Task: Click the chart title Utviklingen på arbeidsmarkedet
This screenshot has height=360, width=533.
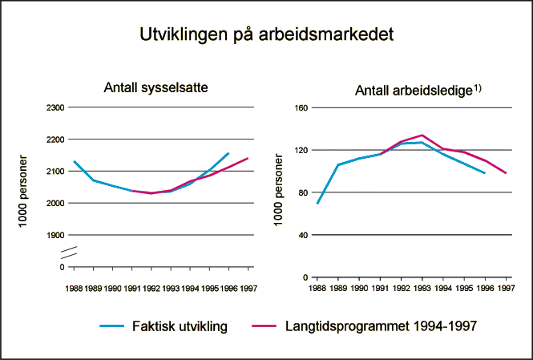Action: tap(266, 35)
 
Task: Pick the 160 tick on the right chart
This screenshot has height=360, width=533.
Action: tap(302, 107)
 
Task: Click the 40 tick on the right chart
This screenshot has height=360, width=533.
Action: tap(304, 235)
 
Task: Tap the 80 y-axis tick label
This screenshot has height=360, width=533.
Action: tap(304, 192)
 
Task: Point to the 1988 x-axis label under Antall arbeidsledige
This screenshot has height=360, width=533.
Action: tap(317, 286)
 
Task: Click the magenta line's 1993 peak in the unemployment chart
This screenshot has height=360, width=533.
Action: tap(422, 135)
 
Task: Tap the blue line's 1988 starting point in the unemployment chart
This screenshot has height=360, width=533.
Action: tap(317, 203)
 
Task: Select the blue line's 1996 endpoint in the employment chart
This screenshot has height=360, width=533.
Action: tap(228, 153)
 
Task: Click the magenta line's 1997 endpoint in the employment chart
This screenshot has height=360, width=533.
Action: tap(248, 158)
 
